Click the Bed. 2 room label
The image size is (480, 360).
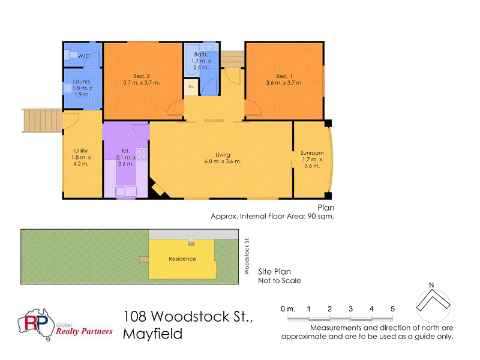pos(142,76)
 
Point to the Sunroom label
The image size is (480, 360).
pos(311,152)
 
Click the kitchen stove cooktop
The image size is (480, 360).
pos(142,154)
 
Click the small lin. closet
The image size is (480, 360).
pos(191,87)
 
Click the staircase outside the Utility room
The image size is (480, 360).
pos(42,120)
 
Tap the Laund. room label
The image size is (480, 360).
pos(82,82)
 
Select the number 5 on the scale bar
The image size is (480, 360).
pos(392,308)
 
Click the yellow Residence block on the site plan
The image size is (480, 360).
pos(182,259)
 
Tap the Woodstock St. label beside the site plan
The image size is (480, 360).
pos(247,256)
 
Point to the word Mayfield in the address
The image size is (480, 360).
pos(152,334)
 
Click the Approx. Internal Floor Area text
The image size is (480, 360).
pos(271,217)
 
